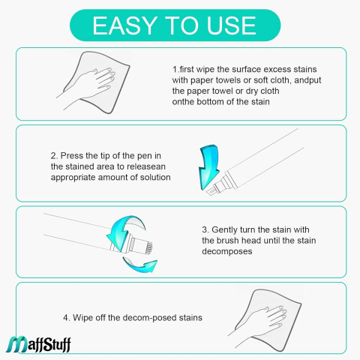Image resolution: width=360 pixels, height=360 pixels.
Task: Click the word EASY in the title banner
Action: pyautogui.click(x=124, y=25)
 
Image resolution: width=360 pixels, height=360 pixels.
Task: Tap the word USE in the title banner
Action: pyautogui.click(x=231, y=25)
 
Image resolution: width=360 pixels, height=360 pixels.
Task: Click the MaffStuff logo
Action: pyautogui.click(x=38, y=344)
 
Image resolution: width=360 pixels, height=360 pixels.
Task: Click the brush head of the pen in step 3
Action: pyautogui.click(x=148, y=247)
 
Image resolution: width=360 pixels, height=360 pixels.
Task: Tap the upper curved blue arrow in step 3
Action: pyautogui.click(x=125, y=230)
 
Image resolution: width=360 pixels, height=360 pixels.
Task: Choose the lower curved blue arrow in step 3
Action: pyautogui.click(x=140, y=265)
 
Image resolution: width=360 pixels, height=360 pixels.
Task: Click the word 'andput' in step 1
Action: pyautogui.click(x=307, y=80)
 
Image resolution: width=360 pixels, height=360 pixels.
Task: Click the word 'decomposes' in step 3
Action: pyautogui.click(x=227, y=251)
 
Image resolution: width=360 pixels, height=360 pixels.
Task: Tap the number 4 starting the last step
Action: pyautogui.click(x=66, y=318)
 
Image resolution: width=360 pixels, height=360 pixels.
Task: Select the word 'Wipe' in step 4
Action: pyautogui.click(x=82, y=318)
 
